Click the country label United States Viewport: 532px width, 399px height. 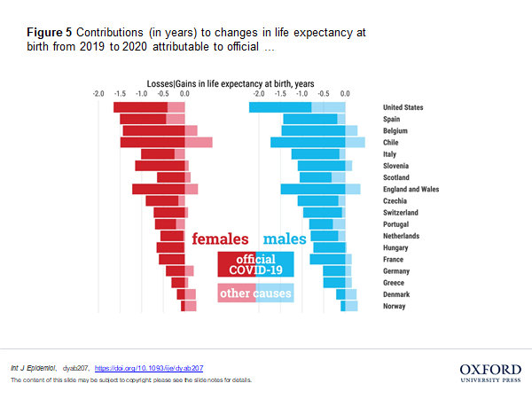[x=403, y=107]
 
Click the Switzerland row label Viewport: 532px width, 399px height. [x=401, y=213]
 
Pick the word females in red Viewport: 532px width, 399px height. [x=221, y=239]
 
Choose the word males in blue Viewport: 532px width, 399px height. [x=285, y=239]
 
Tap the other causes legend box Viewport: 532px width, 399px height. [x=255, y=293]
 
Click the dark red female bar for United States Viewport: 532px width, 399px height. [x=140, y=107]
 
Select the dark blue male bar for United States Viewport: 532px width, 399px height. [x=280, y=107]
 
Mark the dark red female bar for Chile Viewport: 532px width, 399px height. [x=153, y=142]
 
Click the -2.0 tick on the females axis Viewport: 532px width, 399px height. [x=98, y=92]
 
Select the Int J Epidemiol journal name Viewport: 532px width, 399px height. [x=33, y=366]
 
